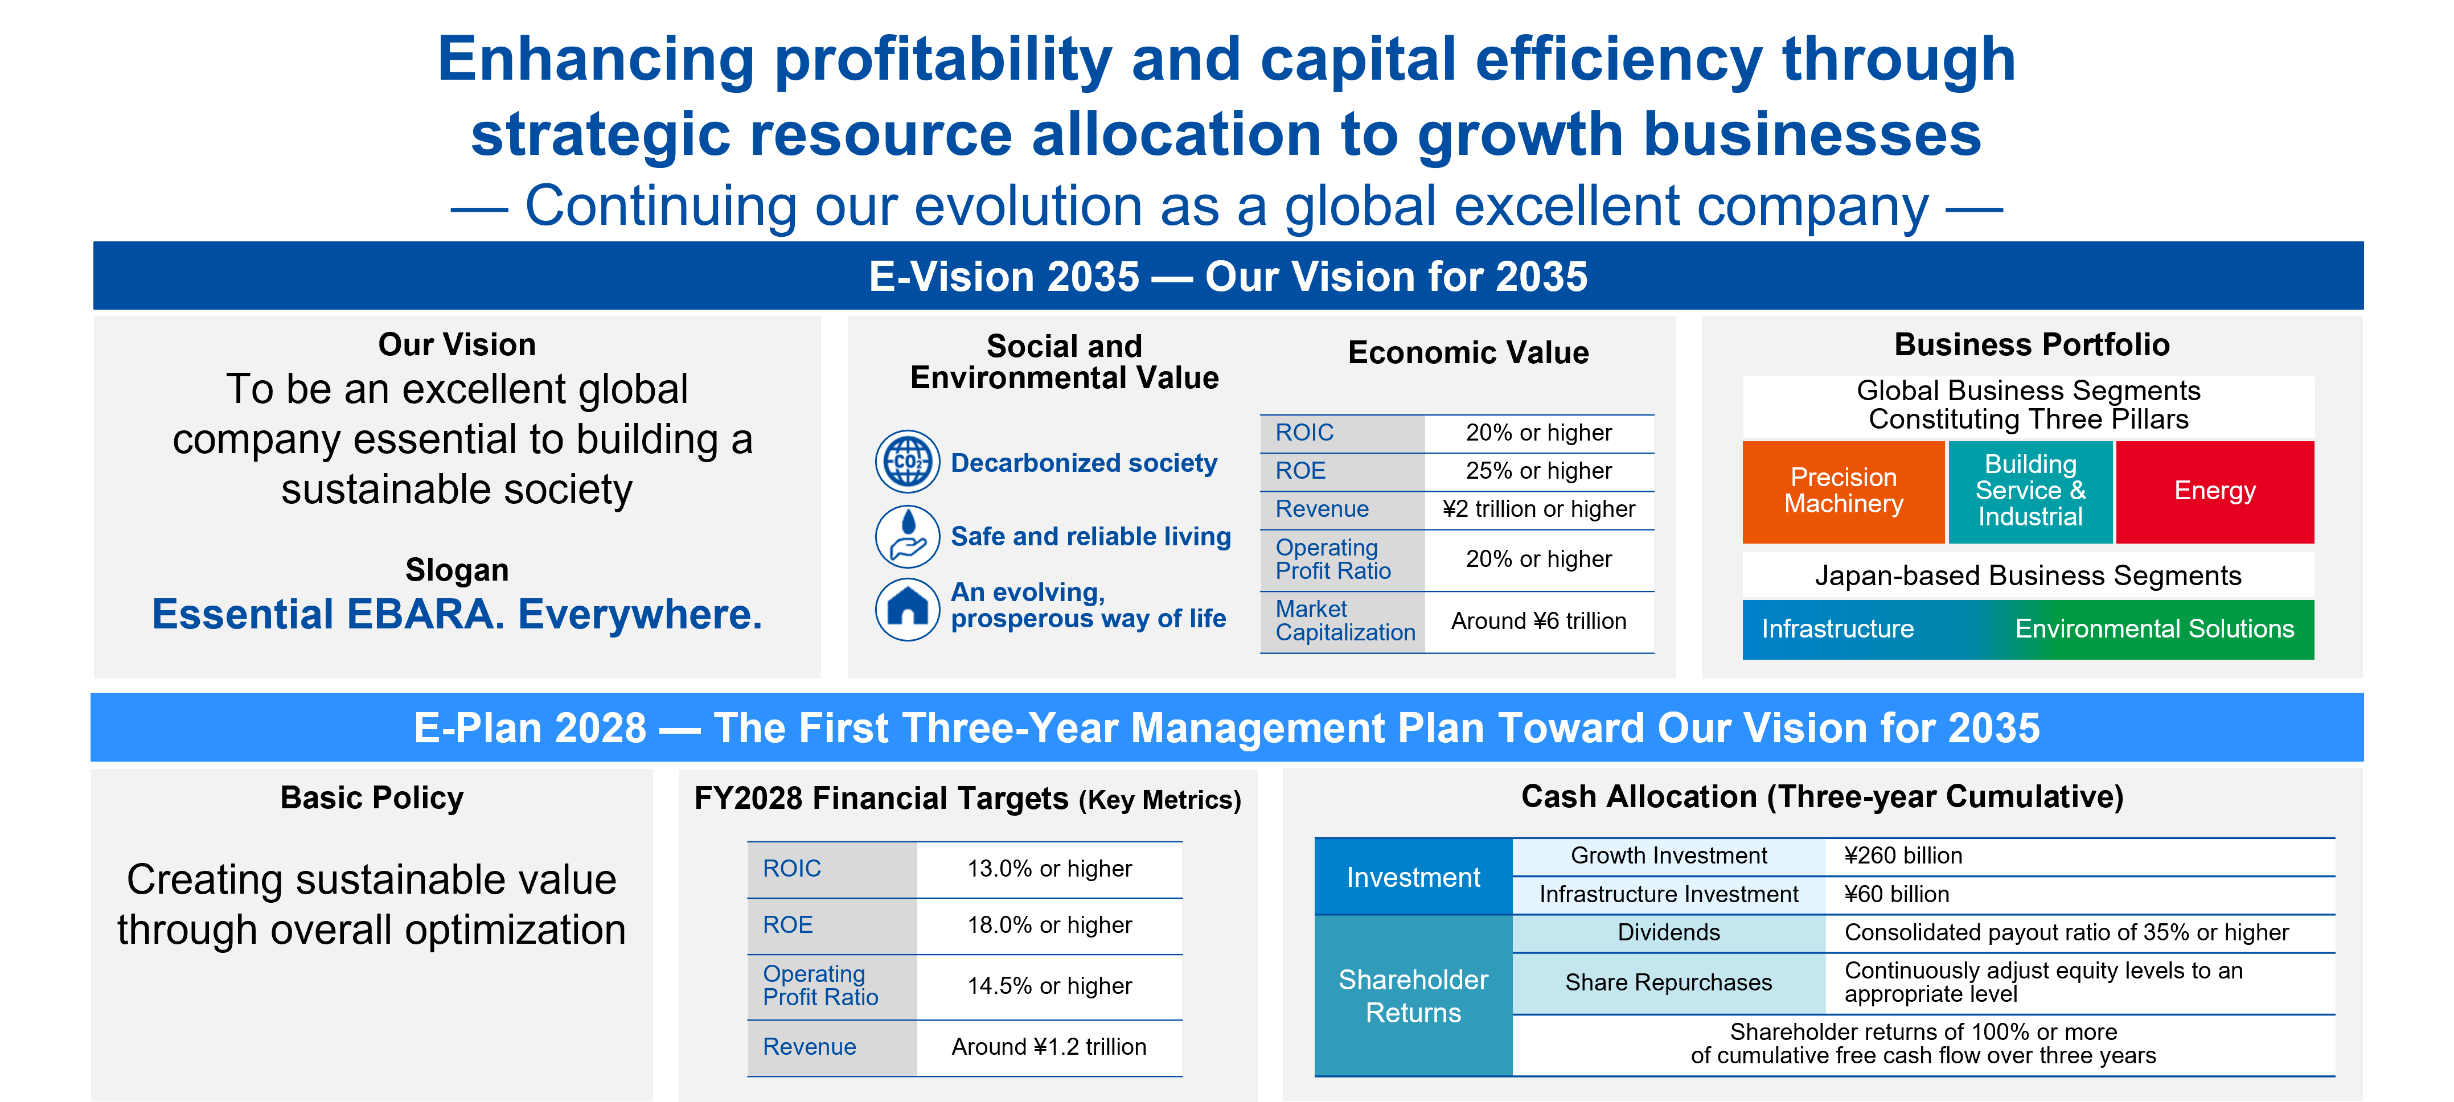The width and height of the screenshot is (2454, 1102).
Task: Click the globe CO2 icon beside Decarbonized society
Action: pyautogui.click(x=907, y=462)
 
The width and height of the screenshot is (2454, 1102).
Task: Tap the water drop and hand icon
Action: pyautogui.click(x=907, y=536)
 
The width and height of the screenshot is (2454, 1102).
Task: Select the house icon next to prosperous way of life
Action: pyautogui.click(x=907, y=608)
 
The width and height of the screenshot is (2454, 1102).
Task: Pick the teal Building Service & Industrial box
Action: pyautogui.click(x=2029, y=491)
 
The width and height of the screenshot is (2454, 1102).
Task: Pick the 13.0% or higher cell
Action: pyautogui.click(x=1049, y=869)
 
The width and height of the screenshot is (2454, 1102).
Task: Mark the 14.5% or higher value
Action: pyautogui.click(x=1049, y=986)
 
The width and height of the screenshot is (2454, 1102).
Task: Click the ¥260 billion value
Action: pyautogui.click(x=1902, y=856)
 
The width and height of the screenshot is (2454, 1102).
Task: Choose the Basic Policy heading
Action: pyautogui.click(x=372, y=798)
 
